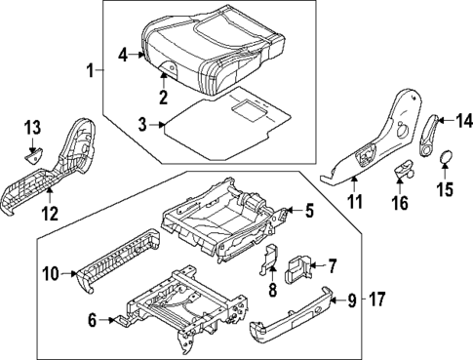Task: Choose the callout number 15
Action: (445, 187)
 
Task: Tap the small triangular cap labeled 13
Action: (32, 152)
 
